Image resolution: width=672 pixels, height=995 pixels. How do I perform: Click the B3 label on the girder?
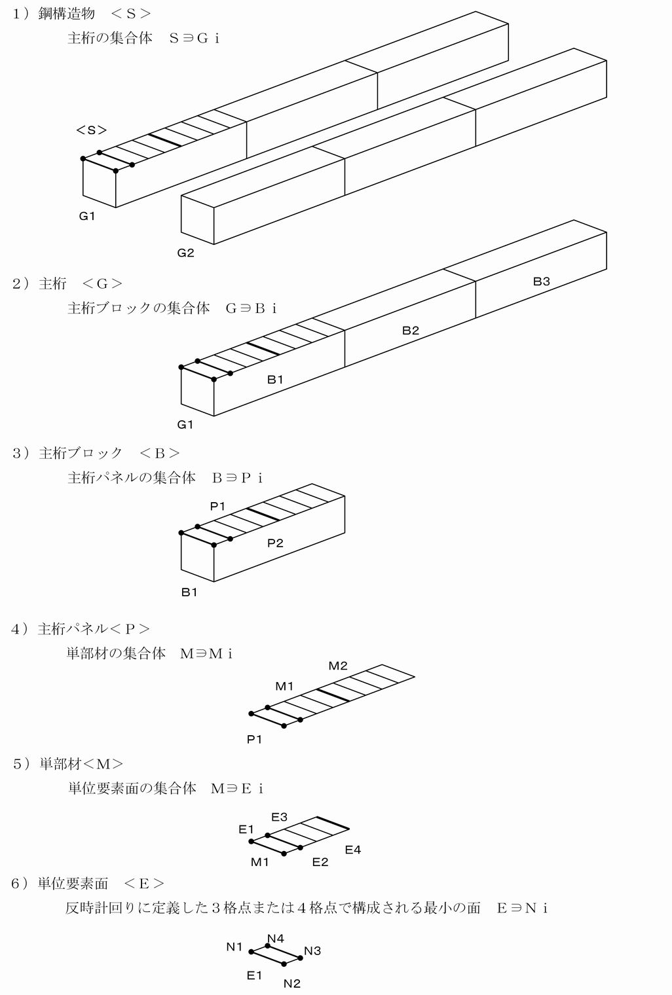pos(541,281)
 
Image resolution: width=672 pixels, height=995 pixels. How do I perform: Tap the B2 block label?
pos(411,331)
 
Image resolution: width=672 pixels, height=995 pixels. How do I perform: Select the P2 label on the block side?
pos(275,543)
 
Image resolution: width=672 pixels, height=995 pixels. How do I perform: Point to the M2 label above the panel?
pos(338,666)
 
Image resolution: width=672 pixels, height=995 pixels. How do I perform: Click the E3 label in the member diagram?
pos(279,817)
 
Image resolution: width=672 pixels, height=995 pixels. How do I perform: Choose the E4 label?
pos(353,850)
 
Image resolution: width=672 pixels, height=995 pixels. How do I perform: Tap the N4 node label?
pos(276,938)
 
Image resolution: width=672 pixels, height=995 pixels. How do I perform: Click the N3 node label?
pos(312,950)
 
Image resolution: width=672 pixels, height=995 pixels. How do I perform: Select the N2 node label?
pos(292,983)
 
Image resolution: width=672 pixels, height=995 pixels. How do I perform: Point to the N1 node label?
pos(234,947)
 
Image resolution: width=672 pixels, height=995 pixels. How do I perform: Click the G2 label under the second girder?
pos(185,253)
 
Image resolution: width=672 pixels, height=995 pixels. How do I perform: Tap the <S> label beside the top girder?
pos(92,130)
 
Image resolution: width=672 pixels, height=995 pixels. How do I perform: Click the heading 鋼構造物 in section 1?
pos(67,14)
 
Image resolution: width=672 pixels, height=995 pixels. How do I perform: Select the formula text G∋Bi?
pos(252,308)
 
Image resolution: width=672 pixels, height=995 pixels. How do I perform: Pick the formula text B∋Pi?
pos(237,477)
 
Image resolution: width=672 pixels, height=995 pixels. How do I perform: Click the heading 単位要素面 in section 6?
pos(73,884)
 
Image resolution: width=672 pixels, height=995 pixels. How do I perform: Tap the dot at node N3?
pos(301,958)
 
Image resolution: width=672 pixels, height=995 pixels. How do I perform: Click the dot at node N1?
pos(251,952)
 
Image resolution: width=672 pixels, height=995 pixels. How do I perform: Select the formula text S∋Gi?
pos(195,38)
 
